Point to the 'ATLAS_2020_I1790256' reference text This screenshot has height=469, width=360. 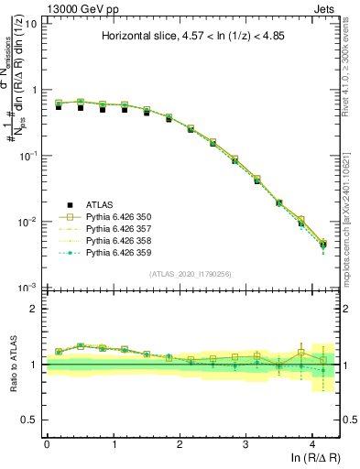pos(191,274)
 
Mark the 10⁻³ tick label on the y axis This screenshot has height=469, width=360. pos(27,288)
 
